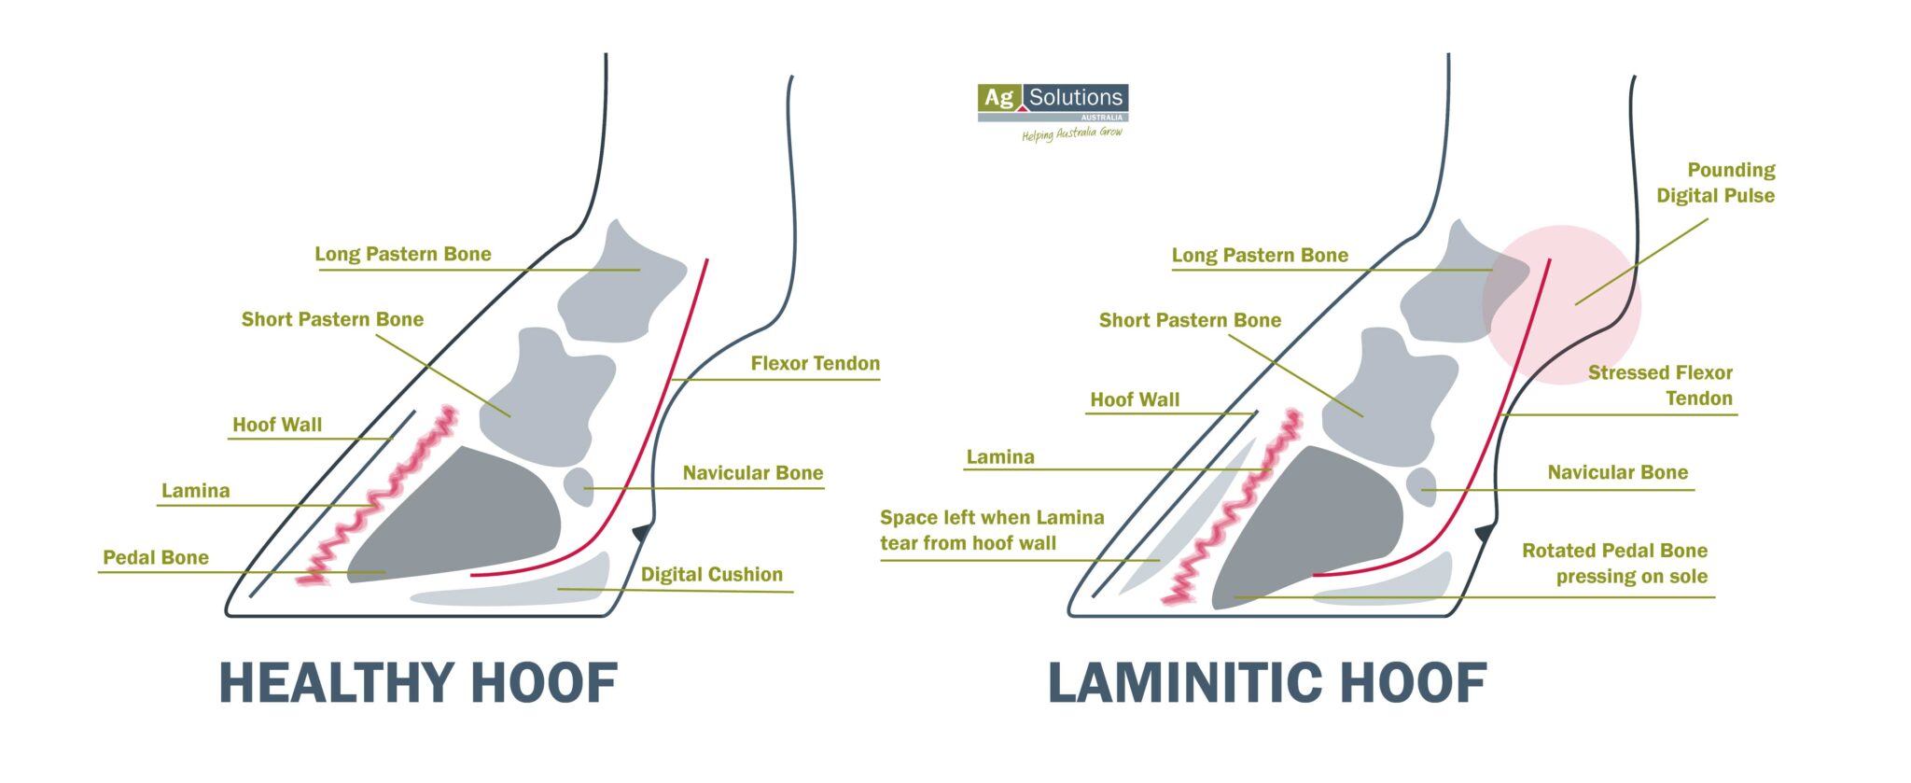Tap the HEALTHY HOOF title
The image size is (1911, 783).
[x=418, y=683]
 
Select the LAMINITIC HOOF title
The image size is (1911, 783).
[x=1267, y=683]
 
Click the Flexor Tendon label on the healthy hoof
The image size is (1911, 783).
[x=815, y=363]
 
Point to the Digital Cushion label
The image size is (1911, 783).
[x=711, y=574]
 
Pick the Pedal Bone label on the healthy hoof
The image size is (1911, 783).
[x=156, y=557]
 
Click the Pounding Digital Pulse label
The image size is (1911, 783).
[x=1717, y=183]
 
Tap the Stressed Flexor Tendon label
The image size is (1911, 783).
[x=1661, y=385]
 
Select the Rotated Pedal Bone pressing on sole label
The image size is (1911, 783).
[x=1616, y=564]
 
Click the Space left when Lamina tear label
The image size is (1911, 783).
[x=991, y=530]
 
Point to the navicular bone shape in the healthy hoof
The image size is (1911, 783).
[x=579, y=486]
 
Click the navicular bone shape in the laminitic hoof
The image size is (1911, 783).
[x=1422, y=486]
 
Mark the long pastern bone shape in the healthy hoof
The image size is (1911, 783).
[x=616, y=285]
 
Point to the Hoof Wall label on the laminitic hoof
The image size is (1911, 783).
[x=1135, y=399]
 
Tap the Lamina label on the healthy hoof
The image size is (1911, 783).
[x=195, y=490]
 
